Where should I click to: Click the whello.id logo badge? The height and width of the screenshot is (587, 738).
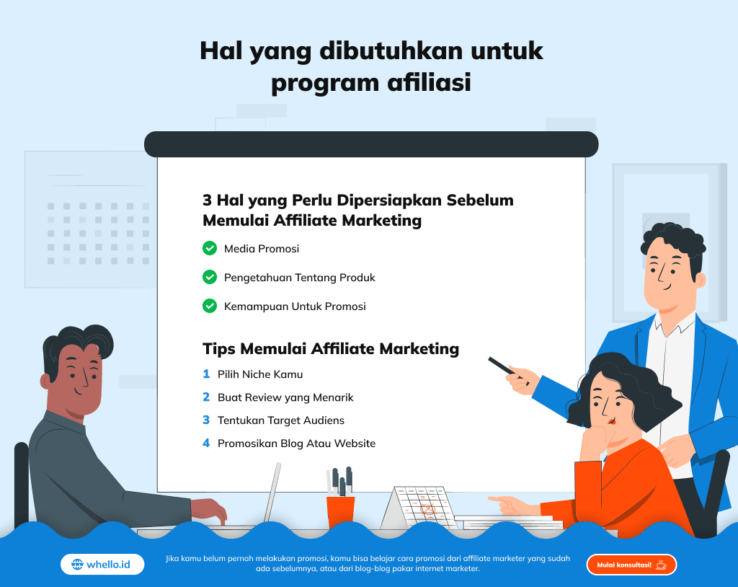pyautogui.click(x=102, y=565)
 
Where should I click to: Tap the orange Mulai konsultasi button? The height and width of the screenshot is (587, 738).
pyautogui.click(x=631, y=565)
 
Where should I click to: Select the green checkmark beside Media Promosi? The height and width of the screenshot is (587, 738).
pyautogui.click(x=210, y=248)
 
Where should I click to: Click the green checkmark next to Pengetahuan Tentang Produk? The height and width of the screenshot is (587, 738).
pyautogui.click(x=210, y=277)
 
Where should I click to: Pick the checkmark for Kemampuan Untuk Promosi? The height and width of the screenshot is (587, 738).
pyautogui.click(x=210, y=306)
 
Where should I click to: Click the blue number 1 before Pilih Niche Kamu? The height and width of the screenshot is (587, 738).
pyautogui.click(x=206, y=374)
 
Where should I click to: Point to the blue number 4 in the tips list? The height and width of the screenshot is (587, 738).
pyautogui.click(x=206, y=443)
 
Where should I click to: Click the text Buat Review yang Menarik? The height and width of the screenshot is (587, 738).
pyautogui.click(x=285, y=397)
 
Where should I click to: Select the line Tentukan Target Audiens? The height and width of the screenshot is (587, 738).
pyautogui.click(x=281, y=420)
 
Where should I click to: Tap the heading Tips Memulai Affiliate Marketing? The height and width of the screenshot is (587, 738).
pyautogui.click(x=331, y=348)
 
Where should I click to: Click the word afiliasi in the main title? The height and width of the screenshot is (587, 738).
pyautogui.click(x=429, y=82)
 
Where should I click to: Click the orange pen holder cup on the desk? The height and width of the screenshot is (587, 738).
pyautogui.click(x=340, y=511)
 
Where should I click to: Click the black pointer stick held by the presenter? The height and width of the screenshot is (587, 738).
pyautogui.click(x=502, y=366)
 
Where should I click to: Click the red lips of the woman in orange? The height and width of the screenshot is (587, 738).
pyautogui.click(x=612, y=420)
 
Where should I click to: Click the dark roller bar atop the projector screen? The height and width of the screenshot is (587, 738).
pyautogui.click(x=371, y=144)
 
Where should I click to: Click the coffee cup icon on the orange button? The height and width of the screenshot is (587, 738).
pyautogui.click(x=662, y=565)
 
